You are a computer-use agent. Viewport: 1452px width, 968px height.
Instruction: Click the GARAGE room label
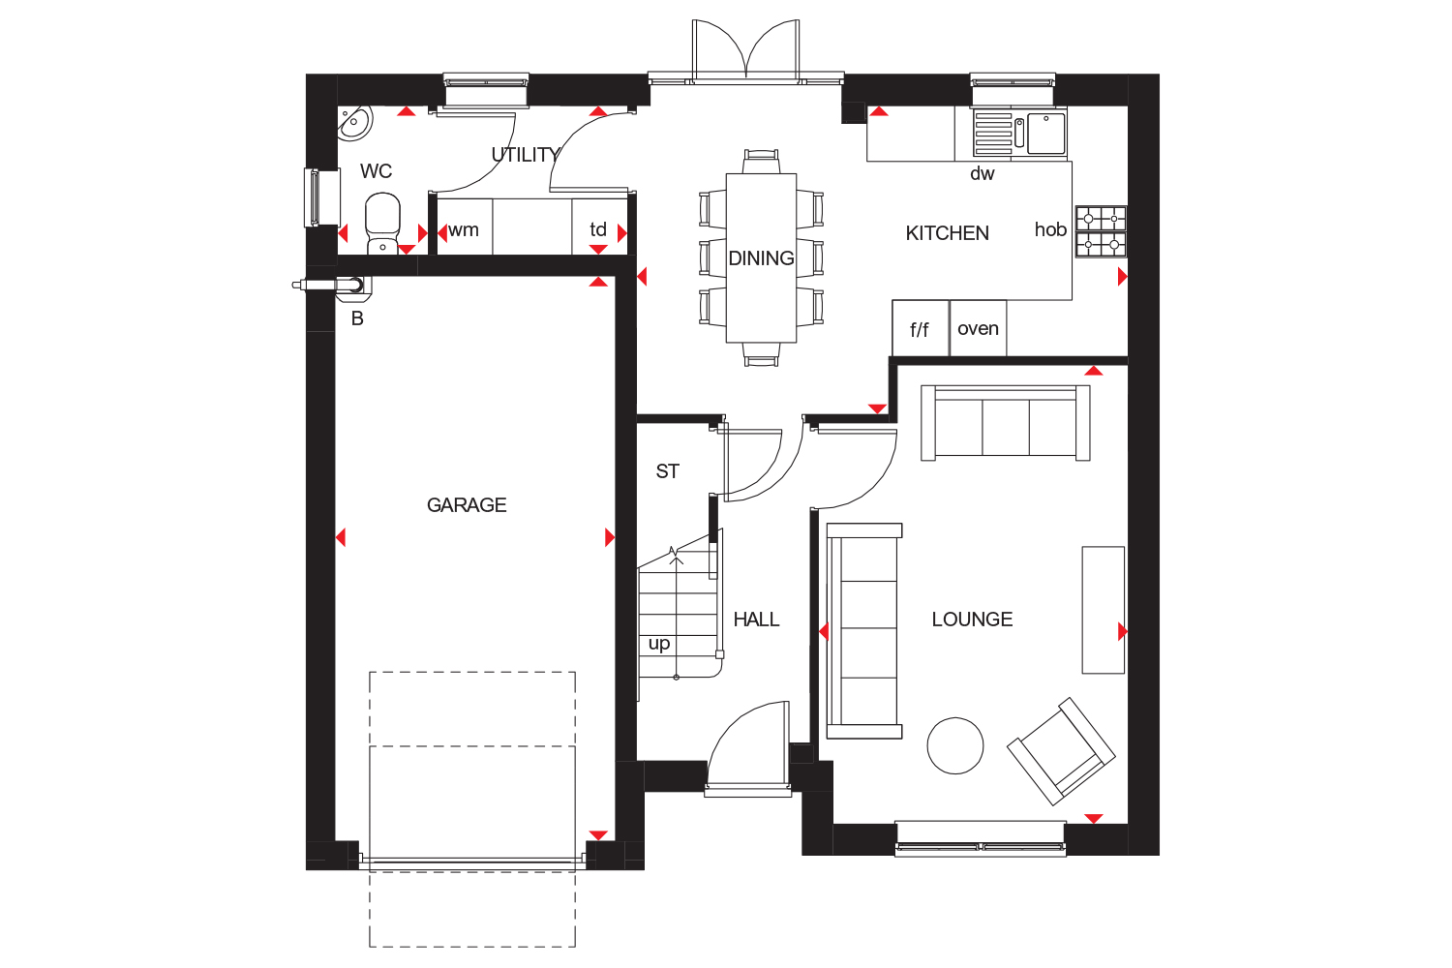tap(466, 504)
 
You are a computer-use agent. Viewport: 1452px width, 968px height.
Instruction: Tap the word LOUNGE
tap(972, 620)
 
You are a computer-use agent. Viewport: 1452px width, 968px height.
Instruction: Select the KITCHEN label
tap(947, 232)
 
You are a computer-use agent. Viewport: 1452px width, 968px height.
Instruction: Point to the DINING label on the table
tap(761, 258)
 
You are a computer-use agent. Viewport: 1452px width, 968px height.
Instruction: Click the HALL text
tap(756, 620)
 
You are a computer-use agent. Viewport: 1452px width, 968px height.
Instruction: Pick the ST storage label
tap(668, 471)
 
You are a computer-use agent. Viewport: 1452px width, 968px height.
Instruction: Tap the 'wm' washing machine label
tap(464, 230)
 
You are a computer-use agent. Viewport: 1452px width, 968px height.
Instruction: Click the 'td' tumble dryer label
tap(597, 228)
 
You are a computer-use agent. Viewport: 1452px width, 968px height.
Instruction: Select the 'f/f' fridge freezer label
tap(920, 330)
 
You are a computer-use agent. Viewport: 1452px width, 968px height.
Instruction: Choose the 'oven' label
tap(978, 329)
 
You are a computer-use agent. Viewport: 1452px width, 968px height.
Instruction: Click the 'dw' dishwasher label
tap(983, 173)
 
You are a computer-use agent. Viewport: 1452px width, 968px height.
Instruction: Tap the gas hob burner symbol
tap(1102, 231)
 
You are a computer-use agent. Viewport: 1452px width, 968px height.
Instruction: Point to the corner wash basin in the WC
tap(353, 123)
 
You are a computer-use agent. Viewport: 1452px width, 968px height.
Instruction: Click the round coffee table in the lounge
tap(954, 745)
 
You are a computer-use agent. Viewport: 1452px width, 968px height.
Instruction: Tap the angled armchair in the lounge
tap(1061, 751)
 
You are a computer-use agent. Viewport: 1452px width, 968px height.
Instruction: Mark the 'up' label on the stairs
tap(658, 644)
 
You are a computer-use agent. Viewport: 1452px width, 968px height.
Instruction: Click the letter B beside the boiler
tap(357, 318)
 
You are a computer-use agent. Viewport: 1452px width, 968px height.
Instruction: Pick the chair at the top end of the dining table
tap(761, 162)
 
